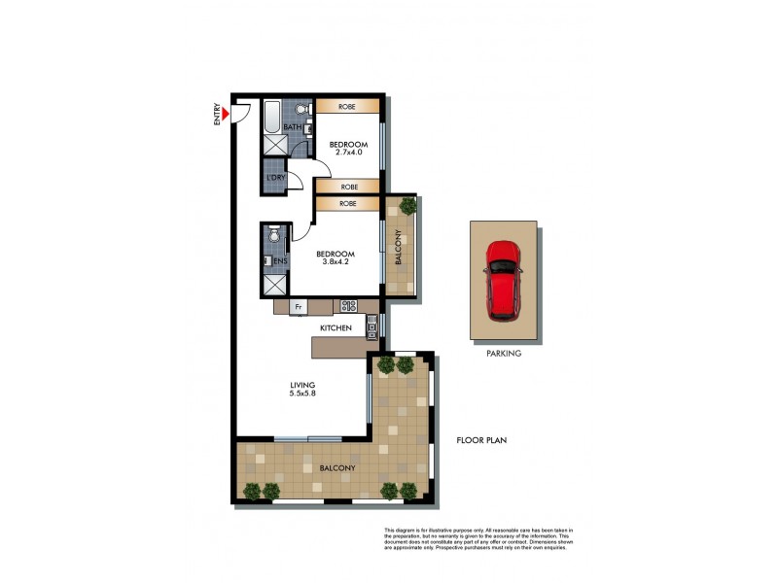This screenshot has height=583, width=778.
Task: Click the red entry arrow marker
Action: coord(225,116)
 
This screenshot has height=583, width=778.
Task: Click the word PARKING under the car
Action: coord(504,354)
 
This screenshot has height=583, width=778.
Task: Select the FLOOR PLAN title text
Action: coord(481,440)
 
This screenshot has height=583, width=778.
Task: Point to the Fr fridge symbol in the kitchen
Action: coord(299,307)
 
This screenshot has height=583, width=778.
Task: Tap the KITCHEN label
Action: coord(336,328)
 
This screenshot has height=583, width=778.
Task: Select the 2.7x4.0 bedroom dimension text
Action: coord(347,152)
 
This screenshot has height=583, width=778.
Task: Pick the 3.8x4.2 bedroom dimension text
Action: coord(336,259)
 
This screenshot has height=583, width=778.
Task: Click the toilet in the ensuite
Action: coord(274,235)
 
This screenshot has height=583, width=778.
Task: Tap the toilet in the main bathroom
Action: coord(301,108)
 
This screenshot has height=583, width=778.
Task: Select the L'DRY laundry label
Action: coord(274,178)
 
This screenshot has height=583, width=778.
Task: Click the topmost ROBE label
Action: coord(347,107)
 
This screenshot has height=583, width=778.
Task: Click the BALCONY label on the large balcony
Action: coord(337,468)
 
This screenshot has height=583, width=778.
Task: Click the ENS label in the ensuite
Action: coord(280,261)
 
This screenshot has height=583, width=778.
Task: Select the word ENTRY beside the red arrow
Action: coord(217,115)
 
